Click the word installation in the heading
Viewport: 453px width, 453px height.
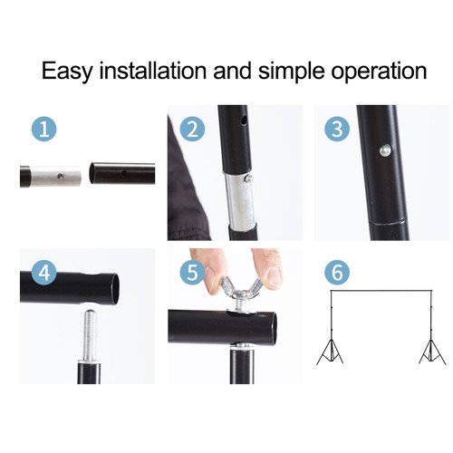pyautogui.click(x=157, y=71)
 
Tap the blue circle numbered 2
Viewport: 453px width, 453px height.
pyautogui.click(x=192, y=130)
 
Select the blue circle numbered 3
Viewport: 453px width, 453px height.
pyautogui.click(x=338, y=130)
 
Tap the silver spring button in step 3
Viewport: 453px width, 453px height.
pyautogui.click(x=383, y=150)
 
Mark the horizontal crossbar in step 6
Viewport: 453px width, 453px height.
pyautogui.click(x=381, y=293)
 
